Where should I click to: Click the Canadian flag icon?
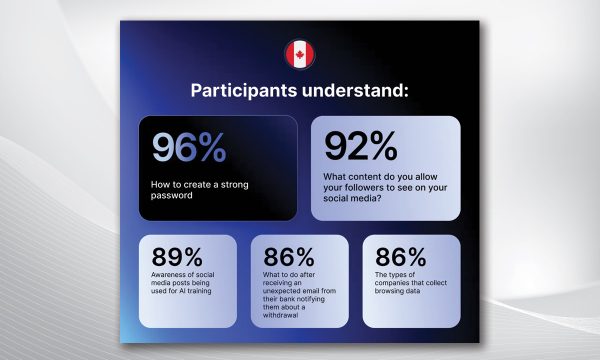[300, 55]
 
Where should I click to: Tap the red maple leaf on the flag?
[300, 55]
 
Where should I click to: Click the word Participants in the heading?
[244, 91]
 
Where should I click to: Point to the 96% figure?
[189, 147]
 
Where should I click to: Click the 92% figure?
[361, 146]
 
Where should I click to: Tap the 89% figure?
[177, 257]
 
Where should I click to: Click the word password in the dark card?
[171, 195]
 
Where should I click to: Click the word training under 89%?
[199, 291]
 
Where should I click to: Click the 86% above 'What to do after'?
[289, 257]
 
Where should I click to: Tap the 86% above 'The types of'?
[401, 257]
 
